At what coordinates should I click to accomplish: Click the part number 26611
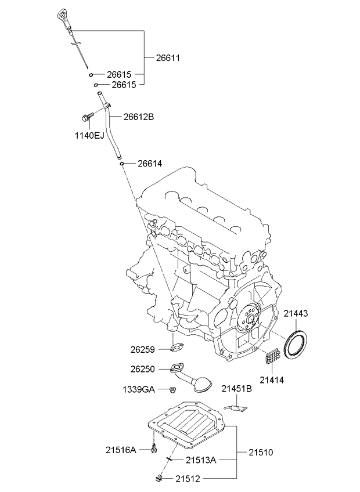168,57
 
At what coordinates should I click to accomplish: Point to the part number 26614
149,164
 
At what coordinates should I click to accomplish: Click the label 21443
296,313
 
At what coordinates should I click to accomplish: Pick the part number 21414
271,380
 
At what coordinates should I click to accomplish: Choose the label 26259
143,349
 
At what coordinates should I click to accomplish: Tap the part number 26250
143,368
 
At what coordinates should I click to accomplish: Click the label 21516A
121,448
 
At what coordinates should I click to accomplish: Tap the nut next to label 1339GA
173,389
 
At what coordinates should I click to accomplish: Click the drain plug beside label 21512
159,478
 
